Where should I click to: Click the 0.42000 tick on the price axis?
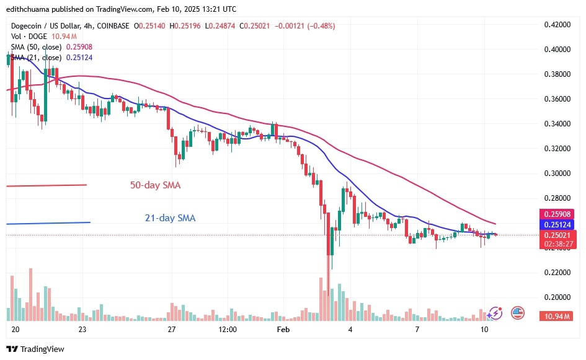[557, 25]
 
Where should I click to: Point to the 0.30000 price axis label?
[557, 173]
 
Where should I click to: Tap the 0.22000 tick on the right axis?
[557, 273]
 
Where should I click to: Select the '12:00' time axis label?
[228, 330]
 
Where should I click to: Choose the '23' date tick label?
[82, 330]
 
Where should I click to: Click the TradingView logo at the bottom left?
[35, 349]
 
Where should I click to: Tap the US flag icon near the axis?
[518, 313]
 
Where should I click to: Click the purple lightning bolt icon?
[495, 314]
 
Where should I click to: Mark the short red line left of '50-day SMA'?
[47, 185]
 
